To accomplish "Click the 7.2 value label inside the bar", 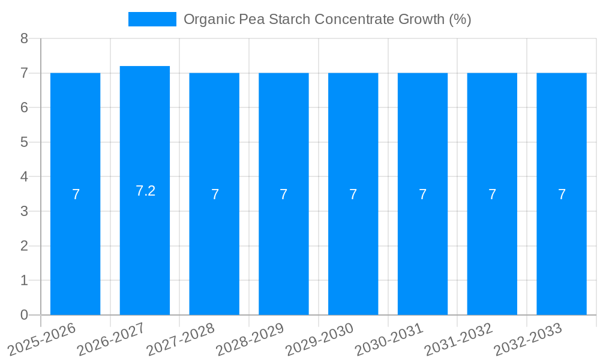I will pos(145,191).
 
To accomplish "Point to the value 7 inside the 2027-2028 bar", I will pos(215,194).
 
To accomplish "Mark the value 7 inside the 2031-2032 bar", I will pos(492,194).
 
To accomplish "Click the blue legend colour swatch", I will pos(152,19).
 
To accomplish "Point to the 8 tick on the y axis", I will pos(24,38).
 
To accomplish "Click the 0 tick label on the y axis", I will pos(24,315).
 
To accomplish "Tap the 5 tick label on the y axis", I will pos(24,142).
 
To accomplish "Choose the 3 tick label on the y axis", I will pos(24,211).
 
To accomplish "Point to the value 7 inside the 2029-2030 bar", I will pos(353,194).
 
